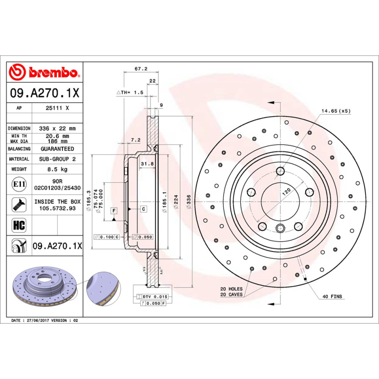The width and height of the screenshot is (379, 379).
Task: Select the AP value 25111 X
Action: click(58, 108)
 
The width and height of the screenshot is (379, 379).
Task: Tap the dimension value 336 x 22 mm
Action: click(58, 128)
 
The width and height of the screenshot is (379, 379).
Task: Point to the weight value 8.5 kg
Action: click(58, 169)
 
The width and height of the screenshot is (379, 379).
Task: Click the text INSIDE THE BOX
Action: click(58, 201)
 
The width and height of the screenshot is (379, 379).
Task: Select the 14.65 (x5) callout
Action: click(336, 111)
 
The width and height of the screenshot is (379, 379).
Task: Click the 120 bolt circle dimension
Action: click(287, 192)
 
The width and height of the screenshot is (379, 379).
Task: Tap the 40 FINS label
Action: click(332, 296)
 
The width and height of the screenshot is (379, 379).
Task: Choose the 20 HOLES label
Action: click(231, 289)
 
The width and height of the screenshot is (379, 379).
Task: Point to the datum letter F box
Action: click(114, 209)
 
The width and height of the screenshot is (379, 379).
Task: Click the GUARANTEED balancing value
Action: click(58, 149)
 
